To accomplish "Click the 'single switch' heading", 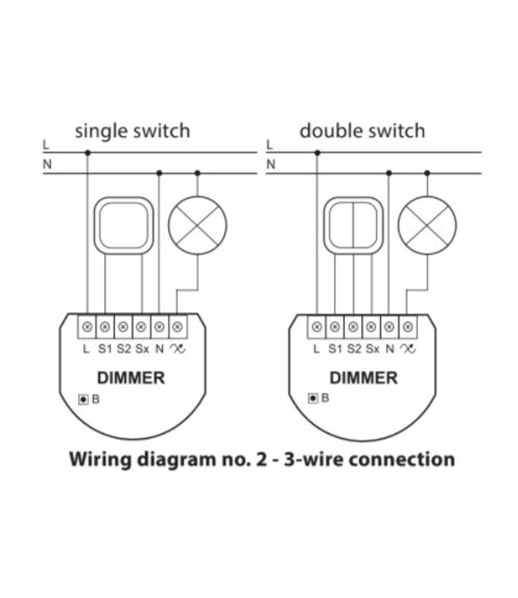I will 132,131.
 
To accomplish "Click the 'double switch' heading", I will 362,131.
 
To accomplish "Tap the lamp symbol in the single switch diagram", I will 197,225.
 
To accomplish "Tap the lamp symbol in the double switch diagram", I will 426,225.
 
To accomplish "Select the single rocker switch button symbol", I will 123,225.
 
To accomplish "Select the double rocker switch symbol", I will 352,225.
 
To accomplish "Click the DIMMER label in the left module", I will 131,378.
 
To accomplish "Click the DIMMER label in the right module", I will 363,378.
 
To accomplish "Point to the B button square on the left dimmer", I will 82,399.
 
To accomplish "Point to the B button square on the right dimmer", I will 313,399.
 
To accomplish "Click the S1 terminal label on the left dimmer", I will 104,348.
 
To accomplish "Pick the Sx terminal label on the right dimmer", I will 372,348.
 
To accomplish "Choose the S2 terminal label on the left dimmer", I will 123,348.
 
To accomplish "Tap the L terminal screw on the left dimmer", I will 87,326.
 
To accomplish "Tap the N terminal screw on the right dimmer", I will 390,326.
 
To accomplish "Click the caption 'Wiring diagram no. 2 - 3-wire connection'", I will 262,460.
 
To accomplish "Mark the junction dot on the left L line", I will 87,153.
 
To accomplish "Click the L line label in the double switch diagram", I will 269,145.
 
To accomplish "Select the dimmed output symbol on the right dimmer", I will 408,348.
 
